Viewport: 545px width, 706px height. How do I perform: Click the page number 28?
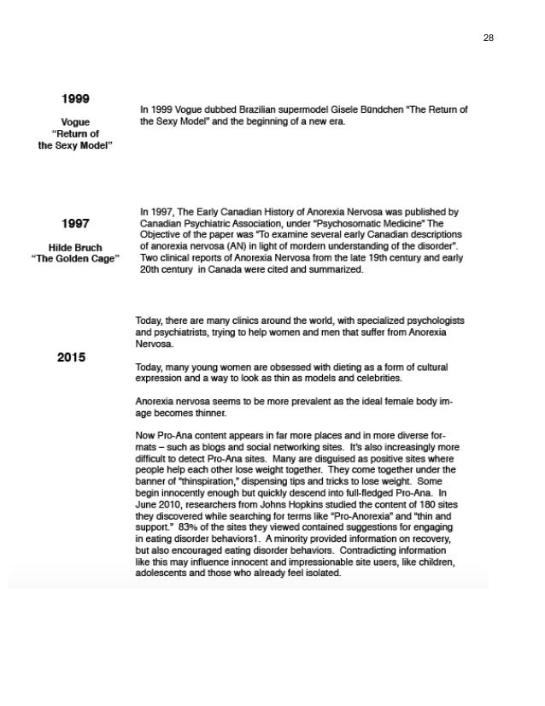[489, 38]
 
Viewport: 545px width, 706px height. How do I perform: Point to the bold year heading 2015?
[71, 356]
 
